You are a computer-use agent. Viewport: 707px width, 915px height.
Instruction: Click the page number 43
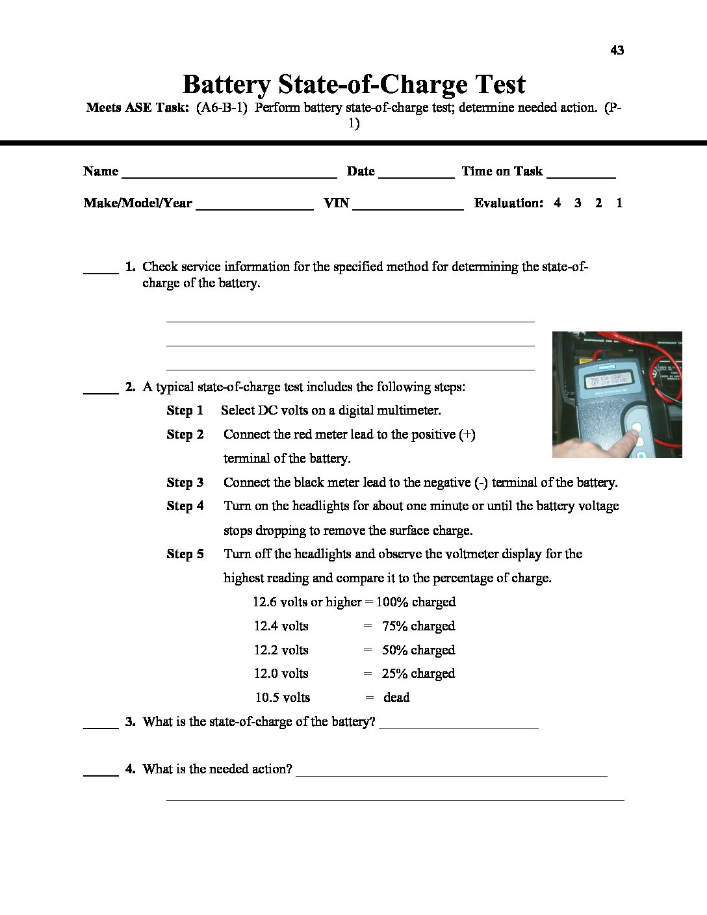(x=617, y=50)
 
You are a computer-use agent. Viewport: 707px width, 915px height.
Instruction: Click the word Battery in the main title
(x=226, y=84)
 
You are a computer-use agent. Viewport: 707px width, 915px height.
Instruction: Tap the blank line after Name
(x=229, y=175)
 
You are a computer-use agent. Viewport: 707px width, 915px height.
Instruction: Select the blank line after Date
(x=416, y=175)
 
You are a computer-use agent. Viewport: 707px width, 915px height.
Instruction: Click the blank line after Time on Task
(x=581, y=175)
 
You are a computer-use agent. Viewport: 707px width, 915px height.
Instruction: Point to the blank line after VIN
(x=407, y=207)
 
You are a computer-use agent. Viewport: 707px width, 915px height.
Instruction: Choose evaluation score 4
(x=557, y=203)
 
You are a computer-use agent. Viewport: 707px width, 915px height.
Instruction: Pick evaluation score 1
(x=619, y=203)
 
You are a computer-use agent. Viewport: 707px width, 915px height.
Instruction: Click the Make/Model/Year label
(x=138, y=203)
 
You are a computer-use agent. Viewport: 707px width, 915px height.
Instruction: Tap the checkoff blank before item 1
(x=101, y=271)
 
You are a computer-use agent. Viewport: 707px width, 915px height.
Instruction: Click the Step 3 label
(x=185, y=482)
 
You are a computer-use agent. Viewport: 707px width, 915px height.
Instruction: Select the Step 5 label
(x=185, y=554)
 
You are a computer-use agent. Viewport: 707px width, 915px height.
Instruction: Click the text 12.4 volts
(x=281, y=626)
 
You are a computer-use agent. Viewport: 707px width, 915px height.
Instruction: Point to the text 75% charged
(x=418, y=626)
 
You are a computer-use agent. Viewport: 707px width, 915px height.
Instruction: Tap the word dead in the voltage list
(x=396, y=697)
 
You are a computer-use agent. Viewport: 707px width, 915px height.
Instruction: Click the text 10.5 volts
(x=282, y=697)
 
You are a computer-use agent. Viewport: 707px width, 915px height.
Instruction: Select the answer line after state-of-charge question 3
(x=458, y=727)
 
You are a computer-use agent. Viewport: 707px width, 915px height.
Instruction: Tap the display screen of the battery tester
(x=609, y=381)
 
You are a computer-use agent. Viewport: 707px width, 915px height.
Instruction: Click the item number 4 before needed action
(x=130, y=769)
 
